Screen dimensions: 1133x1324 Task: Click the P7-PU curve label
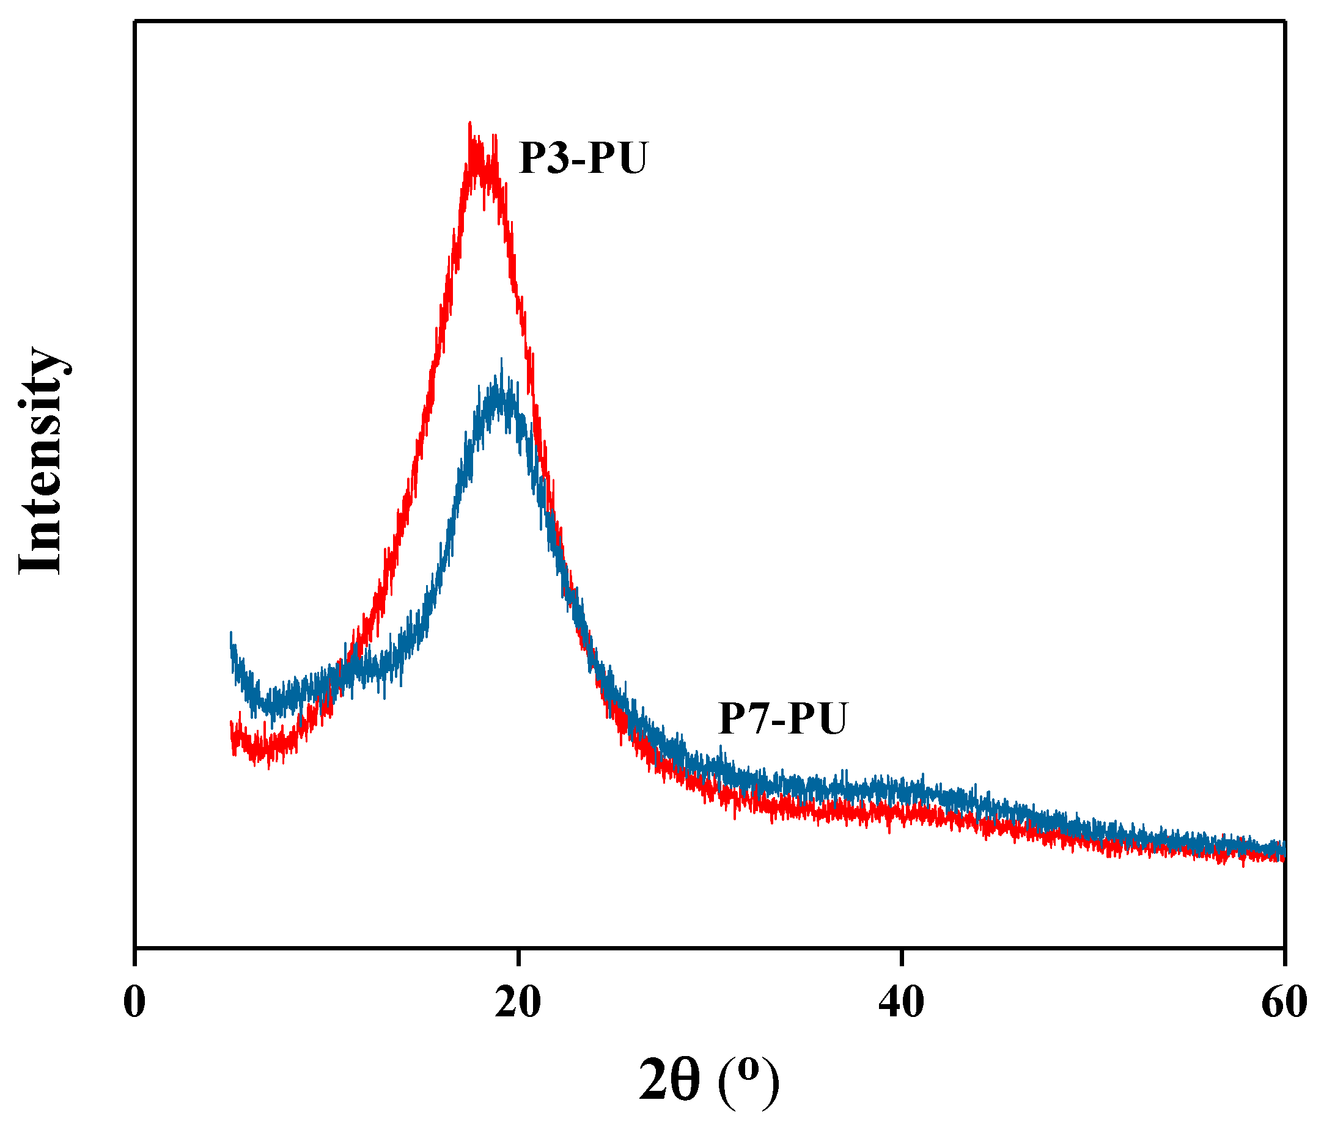(x=782, y=719)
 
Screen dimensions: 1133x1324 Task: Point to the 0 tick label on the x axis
(x=134, y=1003)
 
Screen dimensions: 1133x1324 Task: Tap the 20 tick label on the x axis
(x=518, y=1003)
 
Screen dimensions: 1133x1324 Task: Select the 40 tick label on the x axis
(x=901, y=1003)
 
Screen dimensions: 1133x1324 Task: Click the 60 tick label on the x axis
(x=1283, y=1003)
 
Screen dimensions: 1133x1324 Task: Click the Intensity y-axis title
(x=40, y=461)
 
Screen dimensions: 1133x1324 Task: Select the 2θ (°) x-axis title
(x=708, y=1079)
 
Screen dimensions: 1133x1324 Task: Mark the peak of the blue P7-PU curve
(x=501, y=362)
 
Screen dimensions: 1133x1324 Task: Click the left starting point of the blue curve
(x=230, y=633)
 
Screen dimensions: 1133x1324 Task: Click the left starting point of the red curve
(x=230, y=723)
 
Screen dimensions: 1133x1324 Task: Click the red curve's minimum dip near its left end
(x=268, y=767)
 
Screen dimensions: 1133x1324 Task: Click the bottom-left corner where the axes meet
(x=135, y=948)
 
